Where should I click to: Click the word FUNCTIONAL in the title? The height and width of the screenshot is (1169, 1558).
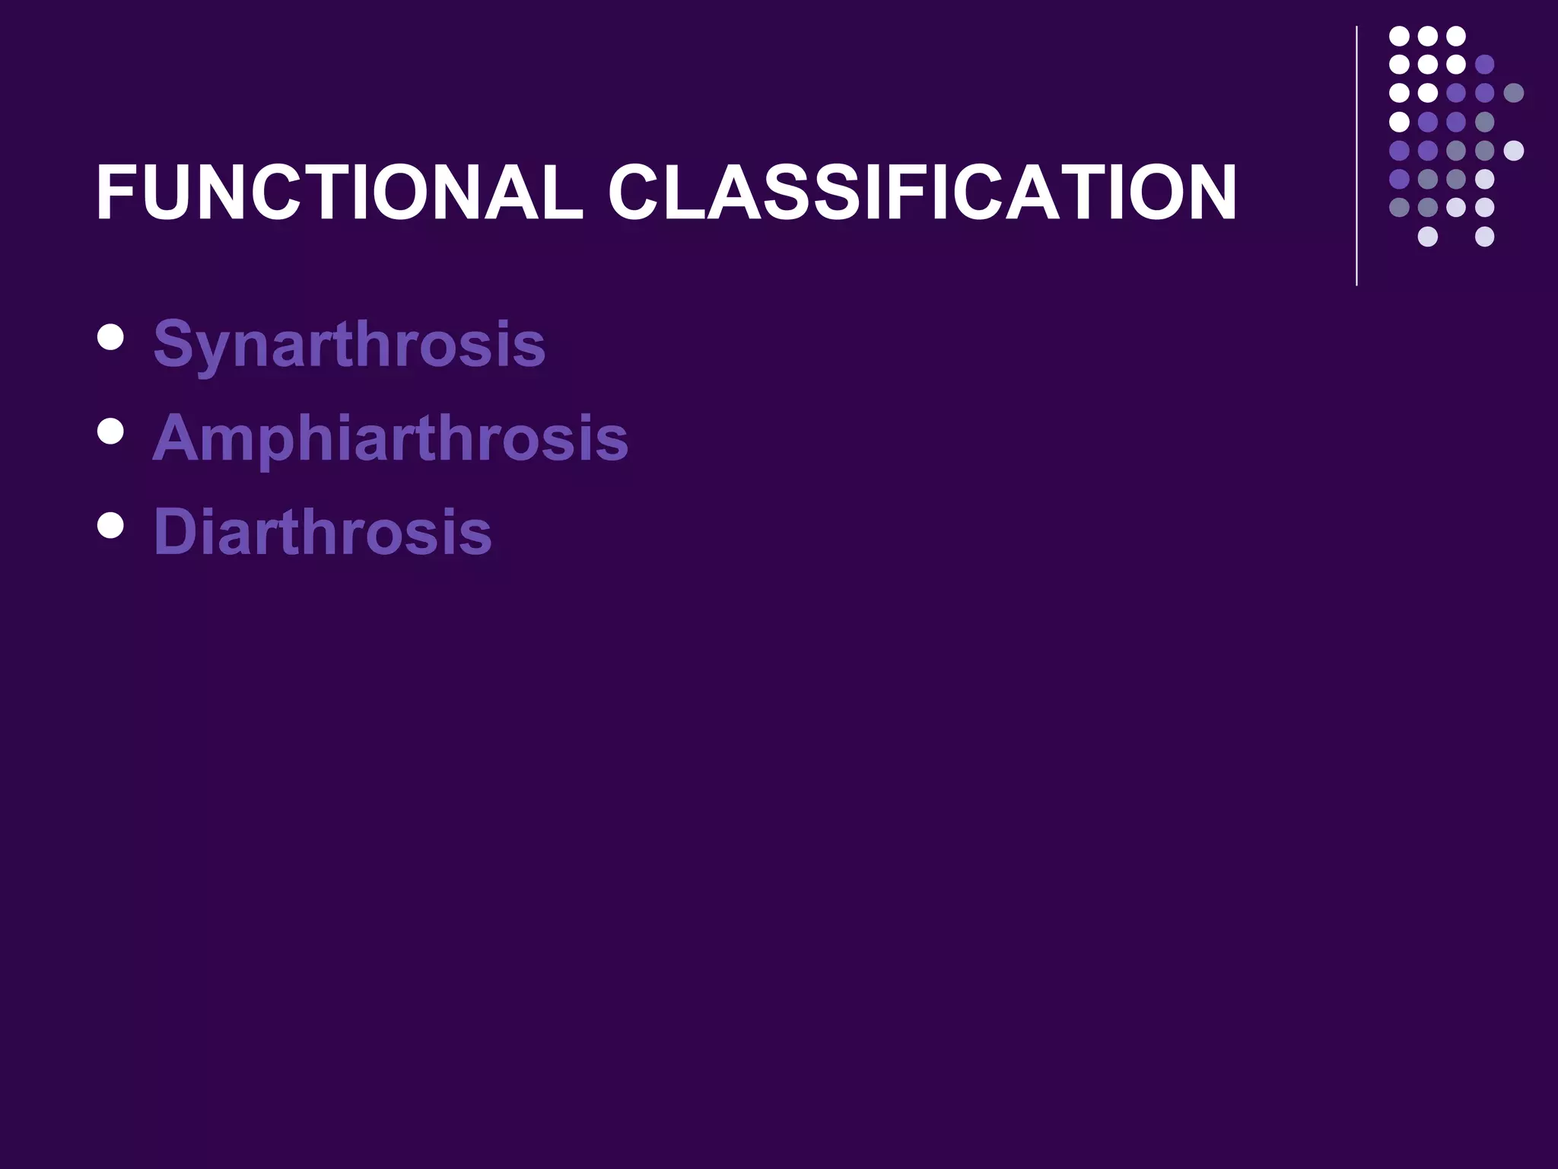[339, 193]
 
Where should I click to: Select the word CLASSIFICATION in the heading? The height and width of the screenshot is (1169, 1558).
[922, 193]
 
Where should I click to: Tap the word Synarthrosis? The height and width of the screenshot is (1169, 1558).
[349, 344]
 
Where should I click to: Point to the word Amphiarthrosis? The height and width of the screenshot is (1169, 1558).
[390, 438]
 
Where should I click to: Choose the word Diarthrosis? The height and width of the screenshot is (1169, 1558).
[323, 531]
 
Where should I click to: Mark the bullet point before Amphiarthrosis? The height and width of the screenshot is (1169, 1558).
[111, 431]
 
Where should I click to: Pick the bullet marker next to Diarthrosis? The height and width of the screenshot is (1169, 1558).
[111, 524]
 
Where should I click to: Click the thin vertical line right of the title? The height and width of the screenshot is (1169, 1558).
[1356, 156]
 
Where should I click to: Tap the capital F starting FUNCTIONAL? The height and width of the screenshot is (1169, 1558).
[114, 193]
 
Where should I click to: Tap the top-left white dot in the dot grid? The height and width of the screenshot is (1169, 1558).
[1399, 36]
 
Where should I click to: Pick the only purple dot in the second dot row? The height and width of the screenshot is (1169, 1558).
[1484, 64]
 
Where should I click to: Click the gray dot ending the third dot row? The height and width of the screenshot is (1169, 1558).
[1513, 93]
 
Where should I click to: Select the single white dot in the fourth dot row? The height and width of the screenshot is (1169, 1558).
[1399, 122]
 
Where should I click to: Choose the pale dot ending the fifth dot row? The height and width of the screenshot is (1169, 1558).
[1513, 150]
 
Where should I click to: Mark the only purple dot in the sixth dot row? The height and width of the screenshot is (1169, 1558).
[1399, 179]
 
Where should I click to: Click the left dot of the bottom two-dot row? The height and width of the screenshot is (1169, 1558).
[1427, 236]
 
